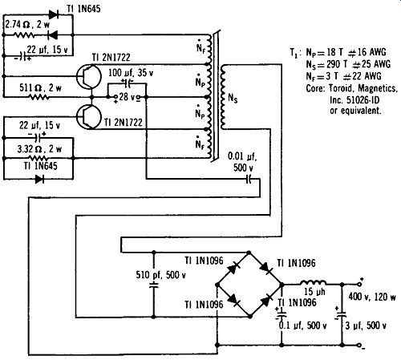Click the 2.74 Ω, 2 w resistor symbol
pos(23,34)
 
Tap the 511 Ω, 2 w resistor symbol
pos(38,97)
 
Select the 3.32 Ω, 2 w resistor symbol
pos(38,158)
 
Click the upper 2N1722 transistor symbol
pos(89,77)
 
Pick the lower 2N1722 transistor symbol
pos(89,117)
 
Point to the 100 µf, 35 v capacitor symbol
pos(128,83)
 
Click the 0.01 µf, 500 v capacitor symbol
pos(249,179)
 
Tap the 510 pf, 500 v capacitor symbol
pos(154,285)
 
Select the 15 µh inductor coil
pos(313,282)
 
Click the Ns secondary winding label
pos(233,98)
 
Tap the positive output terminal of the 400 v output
pos(360,284)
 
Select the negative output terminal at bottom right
pos(360,345)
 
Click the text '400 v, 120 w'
pos(372,297)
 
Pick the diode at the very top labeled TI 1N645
pos(55,14)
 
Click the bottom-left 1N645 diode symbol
pos(39,179)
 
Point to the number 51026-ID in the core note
pos(363,99)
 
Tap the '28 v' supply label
pos(127,97)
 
